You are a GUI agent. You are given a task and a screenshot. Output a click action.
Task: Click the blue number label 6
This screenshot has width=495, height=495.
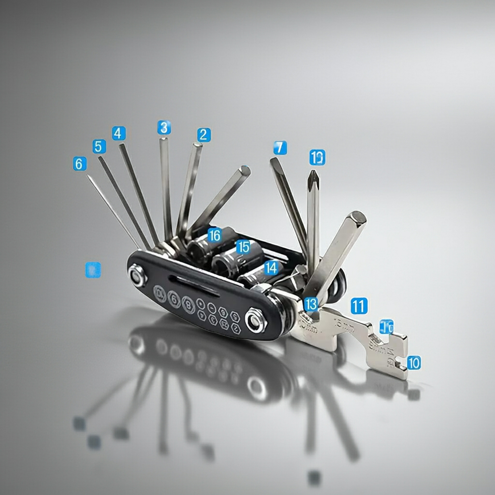coord(80,164)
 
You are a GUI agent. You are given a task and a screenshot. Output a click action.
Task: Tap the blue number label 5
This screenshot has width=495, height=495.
coord(99,146)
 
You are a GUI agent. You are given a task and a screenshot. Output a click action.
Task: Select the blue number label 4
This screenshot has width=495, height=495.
coord(118,133)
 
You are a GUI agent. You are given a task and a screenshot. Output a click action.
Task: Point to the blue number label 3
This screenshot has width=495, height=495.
coord(164,128)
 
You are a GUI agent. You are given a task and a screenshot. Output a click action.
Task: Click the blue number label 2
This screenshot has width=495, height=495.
coord(204,135)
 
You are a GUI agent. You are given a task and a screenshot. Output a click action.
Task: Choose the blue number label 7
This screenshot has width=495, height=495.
coord(280,148)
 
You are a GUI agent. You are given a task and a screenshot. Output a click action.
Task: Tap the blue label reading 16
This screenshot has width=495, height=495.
coord(214,235)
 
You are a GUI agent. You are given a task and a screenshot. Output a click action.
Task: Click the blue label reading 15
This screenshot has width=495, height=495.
coord(243,247)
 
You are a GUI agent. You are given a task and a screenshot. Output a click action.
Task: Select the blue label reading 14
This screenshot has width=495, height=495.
coord(271,267)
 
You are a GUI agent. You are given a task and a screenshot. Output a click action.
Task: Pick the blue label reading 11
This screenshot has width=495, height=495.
coord(359,306)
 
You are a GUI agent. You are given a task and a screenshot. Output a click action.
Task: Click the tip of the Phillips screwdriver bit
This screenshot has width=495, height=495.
coord(313,173)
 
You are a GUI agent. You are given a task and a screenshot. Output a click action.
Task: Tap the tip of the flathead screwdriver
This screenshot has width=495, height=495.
coord(274,161)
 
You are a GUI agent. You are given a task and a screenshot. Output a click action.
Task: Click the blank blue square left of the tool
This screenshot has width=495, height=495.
coord(93,270)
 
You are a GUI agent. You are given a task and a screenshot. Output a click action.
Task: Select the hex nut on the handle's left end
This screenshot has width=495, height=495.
coord(137,276)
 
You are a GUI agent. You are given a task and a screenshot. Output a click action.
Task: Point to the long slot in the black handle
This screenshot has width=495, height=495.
coord(193,285)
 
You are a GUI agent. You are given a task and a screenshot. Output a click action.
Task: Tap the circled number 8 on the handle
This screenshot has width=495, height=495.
coord(188,305)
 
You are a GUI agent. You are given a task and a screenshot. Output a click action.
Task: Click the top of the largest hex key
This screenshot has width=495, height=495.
coord(359,218)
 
